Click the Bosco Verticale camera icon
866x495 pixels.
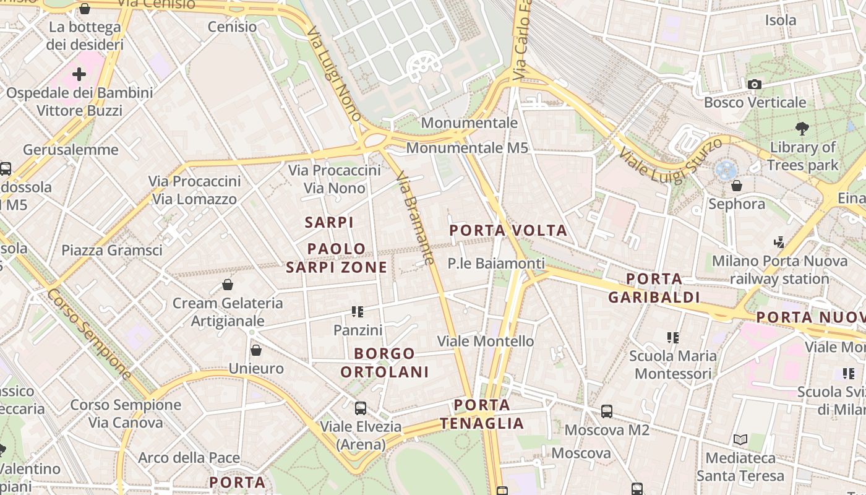click(x=754, y=84)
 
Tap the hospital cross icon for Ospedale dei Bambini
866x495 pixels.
click(x=79, y=75)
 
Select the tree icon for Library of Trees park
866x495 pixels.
click(x=802, y=129)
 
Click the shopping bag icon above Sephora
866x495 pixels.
click(x=736, y=186)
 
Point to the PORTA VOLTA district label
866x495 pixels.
click(x=508, y=231)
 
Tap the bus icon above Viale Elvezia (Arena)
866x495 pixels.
click(x=360, y=408)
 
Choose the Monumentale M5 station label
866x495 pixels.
click(x=467, y=148)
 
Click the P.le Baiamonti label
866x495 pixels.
click(x=496, y=264)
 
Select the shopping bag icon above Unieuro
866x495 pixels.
click(x=256, y=350)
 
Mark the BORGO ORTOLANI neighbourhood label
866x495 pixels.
click(x=384, y=363)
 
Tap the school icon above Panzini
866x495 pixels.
click(x=358, y=312)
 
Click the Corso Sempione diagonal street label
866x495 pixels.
click(x=90, y=334)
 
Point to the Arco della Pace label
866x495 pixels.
click(x=189, y=458)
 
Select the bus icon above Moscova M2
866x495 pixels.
click(x=607, y=411)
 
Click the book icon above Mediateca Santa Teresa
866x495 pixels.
click(x=740, y=440)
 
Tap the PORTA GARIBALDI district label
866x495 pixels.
click(x=654, y=288)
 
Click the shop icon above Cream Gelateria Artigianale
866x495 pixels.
click(x=228, y=285)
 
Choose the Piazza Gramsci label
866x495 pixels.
click(x=112, y=250)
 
